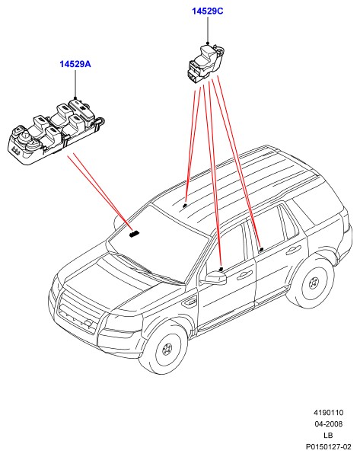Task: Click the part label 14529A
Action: [x=75, y=64]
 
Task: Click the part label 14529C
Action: [x=207, y=11]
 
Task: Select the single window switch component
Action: [x=205, y=63]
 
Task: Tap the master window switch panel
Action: [x=56, y=130]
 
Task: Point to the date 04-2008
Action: [x=328, y=423]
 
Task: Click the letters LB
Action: [x=328, y=435]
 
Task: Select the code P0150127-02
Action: [x=328, y=446]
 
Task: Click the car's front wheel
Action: [x=167, y=349]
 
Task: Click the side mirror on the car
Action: [x=215, y=278]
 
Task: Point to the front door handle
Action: [x=244, y=274]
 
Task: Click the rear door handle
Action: [x=293, y=250]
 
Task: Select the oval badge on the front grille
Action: [x=88, y=323]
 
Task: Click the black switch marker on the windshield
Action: [x=134, y=234]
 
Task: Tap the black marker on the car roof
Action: [x=185, y=206]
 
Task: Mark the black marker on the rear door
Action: [x=262, y=249]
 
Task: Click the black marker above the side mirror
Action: [x=221, y=269]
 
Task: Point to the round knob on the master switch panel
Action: [x=25, y=136]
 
